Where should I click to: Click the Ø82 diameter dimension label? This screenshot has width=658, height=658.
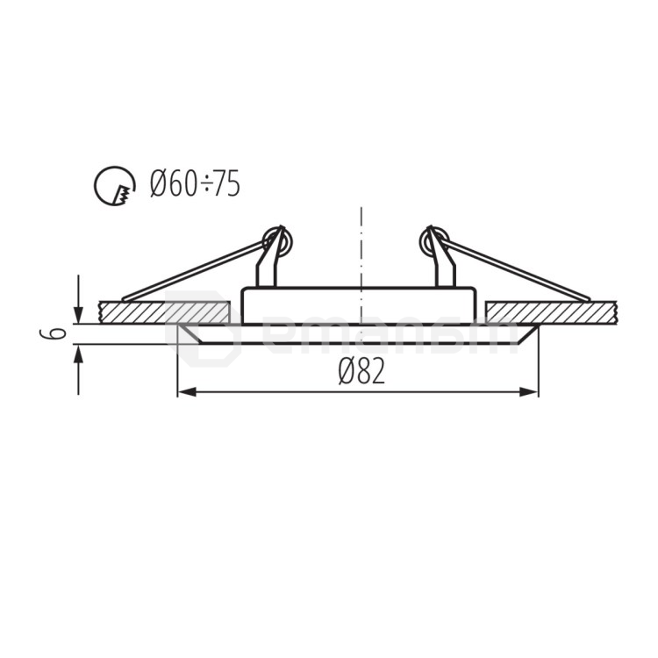click(x=361, y=372)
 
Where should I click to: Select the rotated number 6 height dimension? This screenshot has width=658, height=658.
click(x=54, y=334)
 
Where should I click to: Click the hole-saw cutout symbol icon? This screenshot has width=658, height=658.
click(x=115, y=185)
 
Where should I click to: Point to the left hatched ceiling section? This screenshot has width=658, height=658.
click(x=163, y=311)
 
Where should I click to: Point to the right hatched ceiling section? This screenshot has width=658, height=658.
click(x=551, y=311)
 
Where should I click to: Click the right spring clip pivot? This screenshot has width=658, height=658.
click(x=435, y=239)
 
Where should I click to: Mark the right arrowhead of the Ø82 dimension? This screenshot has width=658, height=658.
click(x=531, y=391)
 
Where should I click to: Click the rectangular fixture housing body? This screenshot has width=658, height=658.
click(x=359, y=305)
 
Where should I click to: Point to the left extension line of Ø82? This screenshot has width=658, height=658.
click(x=177, y=368)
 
